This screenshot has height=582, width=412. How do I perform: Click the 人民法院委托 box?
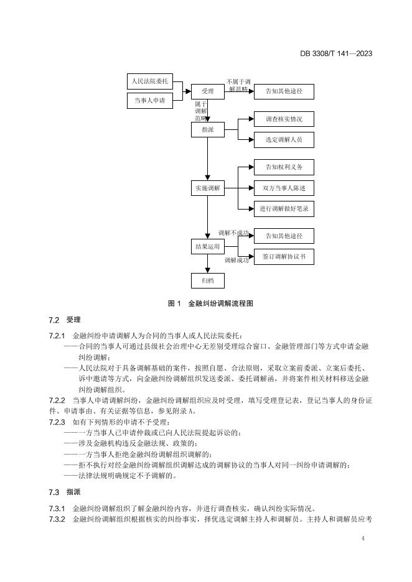coord(150,81)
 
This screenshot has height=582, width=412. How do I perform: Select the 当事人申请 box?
coord(150,101)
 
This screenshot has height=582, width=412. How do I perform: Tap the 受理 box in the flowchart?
coord(208,91)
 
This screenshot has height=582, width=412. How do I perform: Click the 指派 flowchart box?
coord(208,129)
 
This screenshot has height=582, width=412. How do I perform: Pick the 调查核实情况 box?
coord(284,119)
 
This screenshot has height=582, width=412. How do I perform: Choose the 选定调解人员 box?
coord(284,140)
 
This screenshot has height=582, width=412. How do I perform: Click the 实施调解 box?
coord(208,188)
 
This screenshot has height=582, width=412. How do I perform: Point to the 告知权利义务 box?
coord(284,167)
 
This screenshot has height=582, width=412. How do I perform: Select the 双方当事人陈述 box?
coord(284,188)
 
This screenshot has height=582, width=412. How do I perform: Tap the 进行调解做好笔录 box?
coord(284,208)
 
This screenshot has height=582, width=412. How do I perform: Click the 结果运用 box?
coord(208,246)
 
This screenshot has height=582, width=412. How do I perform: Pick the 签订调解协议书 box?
coord(284,257)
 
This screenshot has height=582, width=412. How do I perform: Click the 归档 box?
coord(208,280)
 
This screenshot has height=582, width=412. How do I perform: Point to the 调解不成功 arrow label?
coord(233,233)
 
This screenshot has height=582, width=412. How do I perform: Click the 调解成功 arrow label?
coord(236,261)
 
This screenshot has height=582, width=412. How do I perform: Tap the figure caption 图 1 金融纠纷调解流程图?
coord(210,303)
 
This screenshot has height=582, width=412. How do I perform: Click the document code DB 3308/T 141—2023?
coord(336,53)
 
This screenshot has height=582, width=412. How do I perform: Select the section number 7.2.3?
coord(57,422)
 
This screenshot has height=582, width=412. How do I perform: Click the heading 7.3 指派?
coord(65,492)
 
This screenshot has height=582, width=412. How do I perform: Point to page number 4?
coord(363,538)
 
